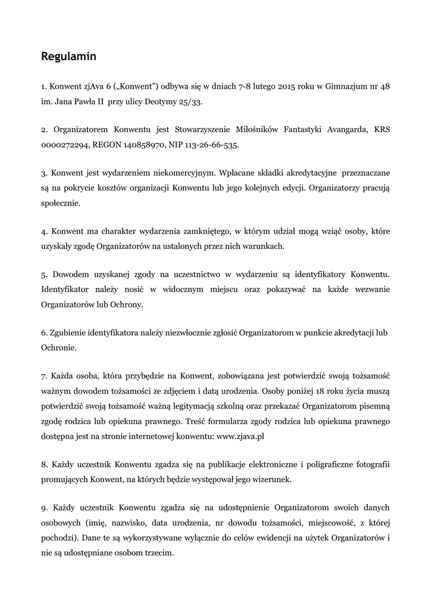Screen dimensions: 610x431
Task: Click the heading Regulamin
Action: coord(68,57)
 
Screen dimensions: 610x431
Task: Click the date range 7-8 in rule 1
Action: coord(244,87)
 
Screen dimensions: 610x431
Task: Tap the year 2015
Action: coord(287,87)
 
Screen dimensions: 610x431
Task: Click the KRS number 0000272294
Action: coord(65,145)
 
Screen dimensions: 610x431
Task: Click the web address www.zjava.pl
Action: coord(240,436)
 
